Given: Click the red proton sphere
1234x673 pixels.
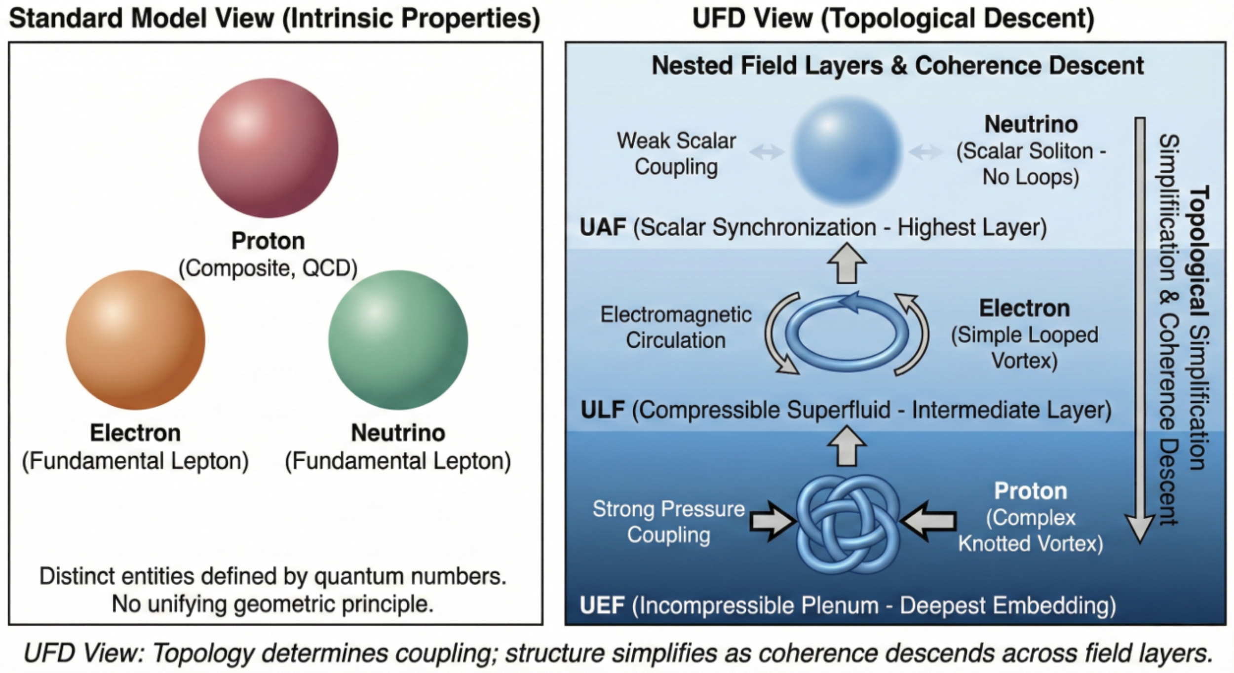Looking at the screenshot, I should pos(268,148).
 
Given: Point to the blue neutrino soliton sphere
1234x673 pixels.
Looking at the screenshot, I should pos(847,150).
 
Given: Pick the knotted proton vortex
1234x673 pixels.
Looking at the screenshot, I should pos(848,524).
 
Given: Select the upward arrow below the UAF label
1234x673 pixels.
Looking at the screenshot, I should pos(847,263).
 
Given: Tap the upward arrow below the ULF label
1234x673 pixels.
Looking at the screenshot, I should pos(847,447).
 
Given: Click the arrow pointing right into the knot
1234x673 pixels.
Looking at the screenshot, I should pos(771,521).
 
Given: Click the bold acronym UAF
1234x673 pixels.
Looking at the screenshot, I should pos(602,227).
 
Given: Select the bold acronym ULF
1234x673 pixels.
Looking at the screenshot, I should pos(602,410).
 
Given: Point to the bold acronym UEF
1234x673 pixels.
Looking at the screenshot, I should pos(602,605).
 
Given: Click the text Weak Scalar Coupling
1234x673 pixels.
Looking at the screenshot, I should pos(676,153).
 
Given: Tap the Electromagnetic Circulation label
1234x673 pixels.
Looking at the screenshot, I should pos(676,327).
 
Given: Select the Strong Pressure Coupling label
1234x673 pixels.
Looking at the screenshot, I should pos(669,522).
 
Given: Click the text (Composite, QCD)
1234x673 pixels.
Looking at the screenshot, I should pos(268,268).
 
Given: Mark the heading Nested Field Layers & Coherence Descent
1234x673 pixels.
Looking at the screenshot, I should pos(897,66).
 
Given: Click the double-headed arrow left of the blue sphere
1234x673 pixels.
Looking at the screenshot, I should pos(767,151).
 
